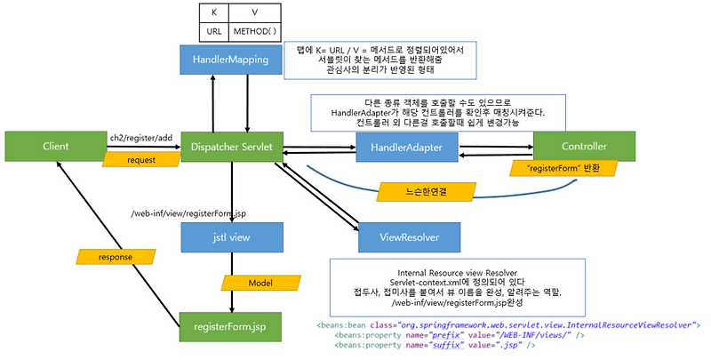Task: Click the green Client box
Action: (x=56, y=147)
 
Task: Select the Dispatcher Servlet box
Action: (x=232, y=147)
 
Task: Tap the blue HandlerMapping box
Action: (x=230, y=60)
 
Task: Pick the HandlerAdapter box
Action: (x=406, y=148)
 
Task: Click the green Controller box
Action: (x=584, y=147)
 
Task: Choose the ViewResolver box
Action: (x=410, y=237)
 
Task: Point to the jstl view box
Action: (x=232, y=237)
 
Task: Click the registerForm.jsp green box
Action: (x=230, y=327)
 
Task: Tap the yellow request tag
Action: (x=141, y=160)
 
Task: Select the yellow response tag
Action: (x=116, y=257)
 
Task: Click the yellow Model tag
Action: (x=260, y=283)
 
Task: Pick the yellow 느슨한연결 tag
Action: (x=427, y=192)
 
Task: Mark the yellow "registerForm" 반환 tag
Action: (x=563, y=168)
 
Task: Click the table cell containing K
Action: (x=214, y=12)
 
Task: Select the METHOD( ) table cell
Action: (x=254, y=32)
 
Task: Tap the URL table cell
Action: (x=214, y=32)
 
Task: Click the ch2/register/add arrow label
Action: (x=141, y=138)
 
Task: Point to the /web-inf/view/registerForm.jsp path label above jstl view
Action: (x=188, y=213)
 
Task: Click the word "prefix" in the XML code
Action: (x=448, y=335)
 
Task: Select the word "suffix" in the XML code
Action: (x=448, y=345)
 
